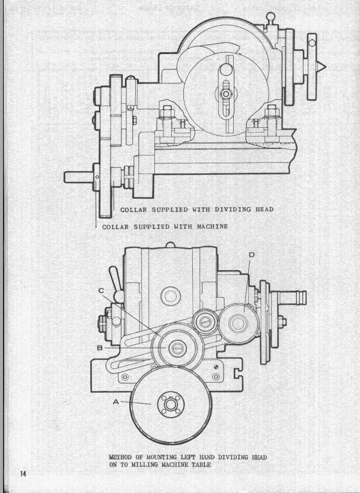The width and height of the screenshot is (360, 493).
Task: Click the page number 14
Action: pyautogui.click(x=24, y=473)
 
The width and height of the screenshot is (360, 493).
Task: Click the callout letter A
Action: pyautogui.click(x=116, y=402)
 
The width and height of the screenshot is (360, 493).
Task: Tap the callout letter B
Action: pyautogui.click(x=100, y=348)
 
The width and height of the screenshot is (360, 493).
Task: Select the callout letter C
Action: pyautogui.click(x=101, y=291)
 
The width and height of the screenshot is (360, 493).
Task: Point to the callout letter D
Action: pyautogui.click(x=251, y=255)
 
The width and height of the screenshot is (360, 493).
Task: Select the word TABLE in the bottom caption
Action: pyautogui.click(x=200, y=464)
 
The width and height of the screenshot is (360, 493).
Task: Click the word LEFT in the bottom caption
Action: pyautogui.click(x=189, y=457)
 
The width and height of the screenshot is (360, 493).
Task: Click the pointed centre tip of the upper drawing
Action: pyautogui.click(x=325, y=67)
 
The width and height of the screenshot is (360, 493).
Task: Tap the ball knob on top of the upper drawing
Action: pyautogui.click(x=270, y=16)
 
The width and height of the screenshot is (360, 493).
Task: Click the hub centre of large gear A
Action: pyautogui.click(x=170, y=404)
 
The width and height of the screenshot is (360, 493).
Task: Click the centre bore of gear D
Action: pyautogui.click(x=238, y=324)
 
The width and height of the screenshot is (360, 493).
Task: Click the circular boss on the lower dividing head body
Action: pyautogui.click(x=170, y=296)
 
